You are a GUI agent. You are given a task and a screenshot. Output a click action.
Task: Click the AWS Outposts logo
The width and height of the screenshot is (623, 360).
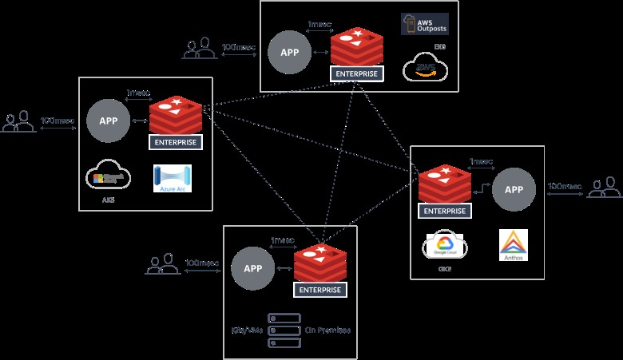424,24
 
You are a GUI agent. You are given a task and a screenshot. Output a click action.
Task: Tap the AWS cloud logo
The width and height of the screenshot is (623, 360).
425,68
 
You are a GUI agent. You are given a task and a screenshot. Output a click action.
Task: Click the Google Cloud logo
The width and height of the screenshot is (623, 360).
444,247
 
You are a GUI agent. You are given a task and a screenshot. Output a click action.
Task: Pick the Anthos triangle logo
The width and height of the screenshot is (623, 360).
513,245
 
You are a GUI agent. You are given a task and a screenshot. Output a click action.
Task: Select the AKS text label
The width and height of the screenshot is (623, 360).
108,200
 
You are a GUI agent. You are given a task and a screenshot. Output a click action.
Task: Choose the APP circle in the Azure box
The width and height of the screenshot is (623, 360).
109,121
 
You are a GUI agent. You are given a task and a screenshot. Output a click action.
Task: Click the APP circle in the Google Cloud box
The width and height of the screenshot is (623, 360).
514,190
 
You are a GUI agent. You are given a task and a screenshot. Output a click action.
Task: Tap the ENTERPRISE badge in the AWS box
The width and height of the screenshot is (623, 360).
356,73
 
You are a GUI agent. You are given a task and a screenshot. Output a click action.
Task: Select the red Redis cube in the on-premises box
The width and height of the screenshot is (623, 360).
320,262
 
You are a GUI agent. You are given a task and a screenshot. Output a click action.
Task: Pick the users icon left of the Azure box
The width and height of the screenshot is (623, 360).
18,122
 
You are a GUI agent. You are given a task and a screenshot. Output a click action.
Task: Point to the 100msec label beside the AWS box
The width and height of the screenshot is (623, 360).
239,47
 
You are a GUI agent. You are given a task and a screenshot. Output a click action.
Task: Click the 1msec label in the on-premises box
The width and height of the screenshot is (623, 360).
284,240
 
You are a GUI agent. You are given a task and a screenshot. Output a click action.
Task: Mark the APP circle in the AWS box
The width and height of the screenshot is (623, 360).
291,52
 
